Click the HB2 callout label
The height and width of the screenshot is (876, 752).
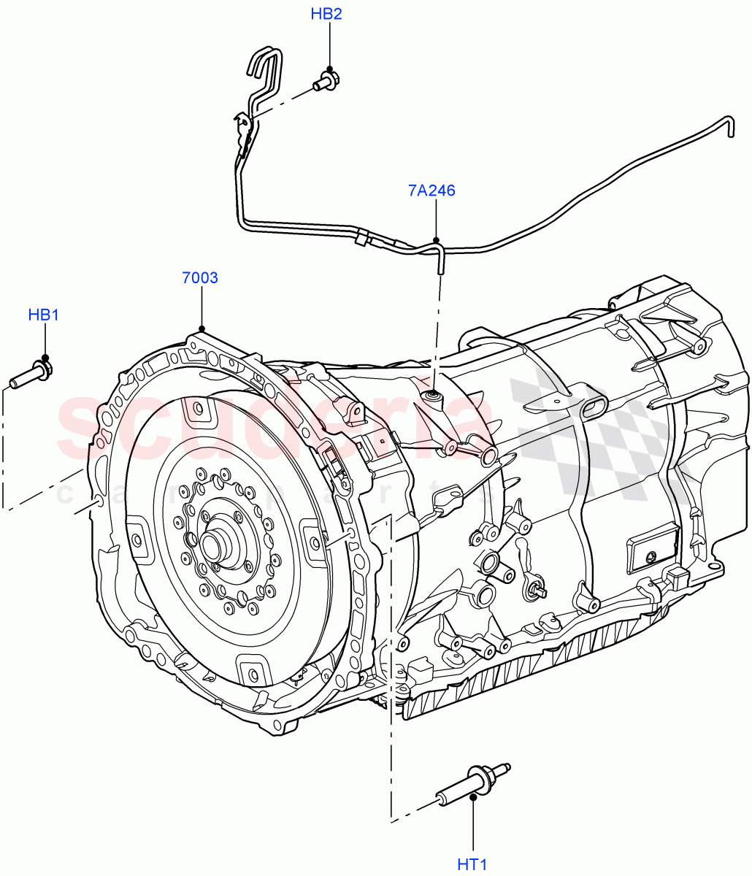click(x=326, y=14)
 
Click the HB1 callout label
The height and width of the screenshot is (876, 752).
click(x=43, y=315)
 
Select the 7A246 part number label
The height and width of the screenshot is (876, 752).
click(x=431, y=191)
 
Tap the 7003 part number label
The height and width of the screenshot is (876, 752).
click(x=200, y=277)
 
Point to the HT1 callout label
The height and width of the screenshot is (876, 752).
click(x=472, y=864)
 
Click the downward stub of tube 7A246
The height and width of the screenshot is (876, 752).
click(x=441, y=261)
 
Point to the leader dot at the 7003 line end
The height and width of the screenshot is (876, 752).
click(x=201, y=328)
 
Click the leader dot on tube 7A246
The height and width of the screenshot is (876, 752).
click(x=436, y=239)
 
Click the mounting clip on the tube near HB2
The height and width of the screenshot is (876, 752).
click(x=244, y=126)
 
